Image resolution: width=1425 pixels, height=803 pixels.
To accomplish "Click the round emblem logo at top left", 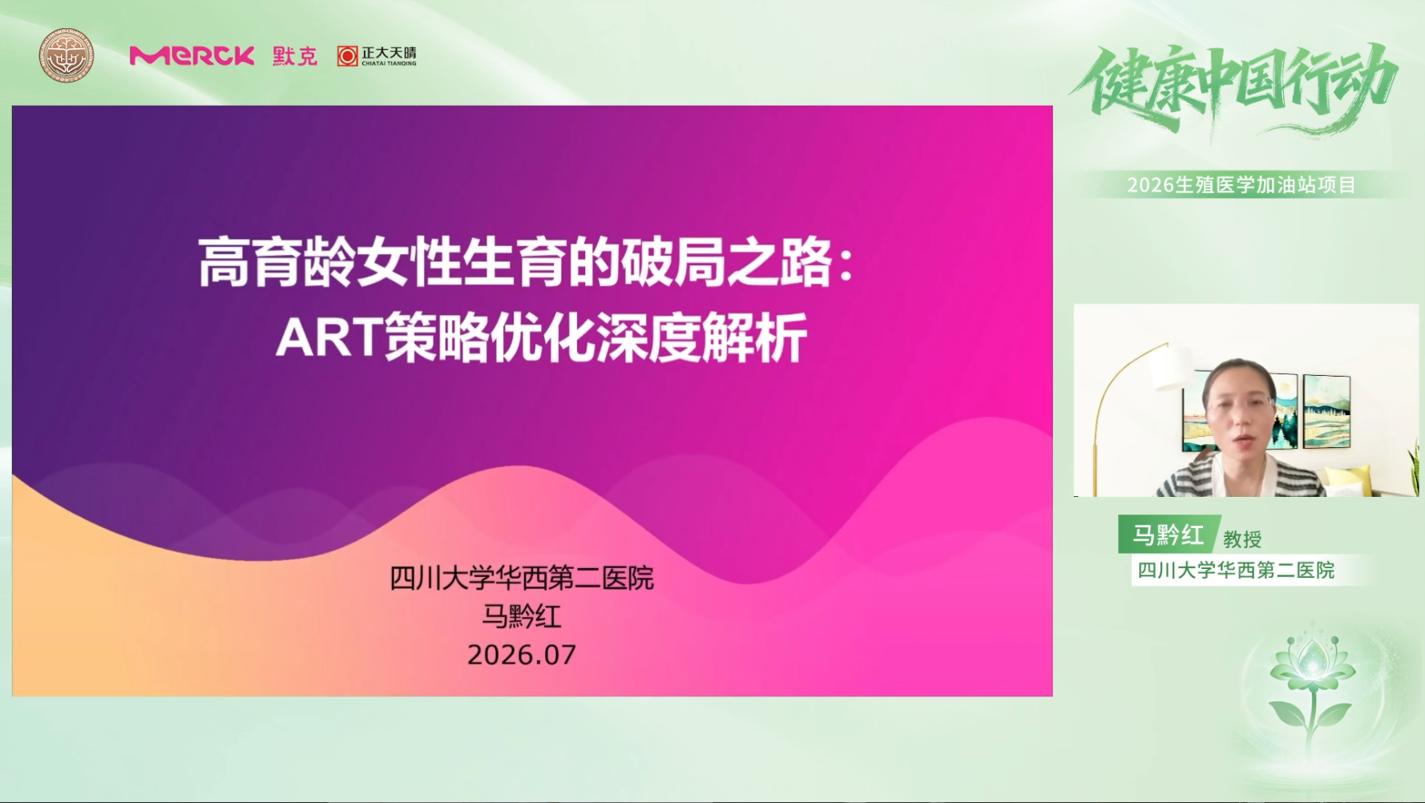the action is tap(67, 55).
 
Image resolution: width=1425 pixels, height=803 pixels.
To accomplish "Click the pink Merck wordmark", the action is tap(192, 55).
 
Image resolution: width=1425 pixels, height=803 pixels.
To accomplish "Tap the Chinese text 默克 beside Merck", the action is tap(295, 56).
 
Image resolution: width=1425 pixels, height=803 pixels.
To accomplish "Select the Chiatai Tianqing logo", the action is tap(377, 56).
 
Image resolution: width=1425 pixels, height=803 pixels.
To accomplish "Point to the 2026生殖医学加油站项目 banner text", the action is tap(1241, 185).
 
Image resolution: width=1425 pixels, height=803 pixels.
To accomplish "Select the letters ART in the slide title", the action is tap(329, 337).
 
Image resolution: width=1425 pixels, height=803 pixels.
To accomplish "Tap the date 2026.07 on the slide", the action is tap(522, 655).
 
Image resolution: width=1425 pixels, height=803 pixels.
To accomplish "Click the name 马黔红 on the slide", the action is tap(522, 616).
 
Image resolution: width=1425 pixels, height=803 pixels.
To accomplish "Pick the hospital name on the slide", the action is tap(522, 578).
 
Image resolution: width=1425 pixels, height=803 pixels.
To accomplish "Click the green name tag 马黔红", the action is tap(1169, 535).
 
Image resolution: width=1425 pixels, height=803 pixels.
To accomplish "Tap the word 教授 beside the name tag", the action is tap(1242, 539).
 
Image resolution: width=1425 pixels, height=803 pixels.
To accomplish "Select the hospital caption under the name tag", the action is tap(1236, 570).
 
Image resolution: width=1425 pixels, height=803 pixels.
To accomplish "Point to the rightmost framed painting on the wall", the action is tap(1326, 411).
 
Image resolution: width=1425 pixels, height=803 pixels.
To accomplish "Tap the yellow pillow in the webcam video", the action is tap(1344, 481).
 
